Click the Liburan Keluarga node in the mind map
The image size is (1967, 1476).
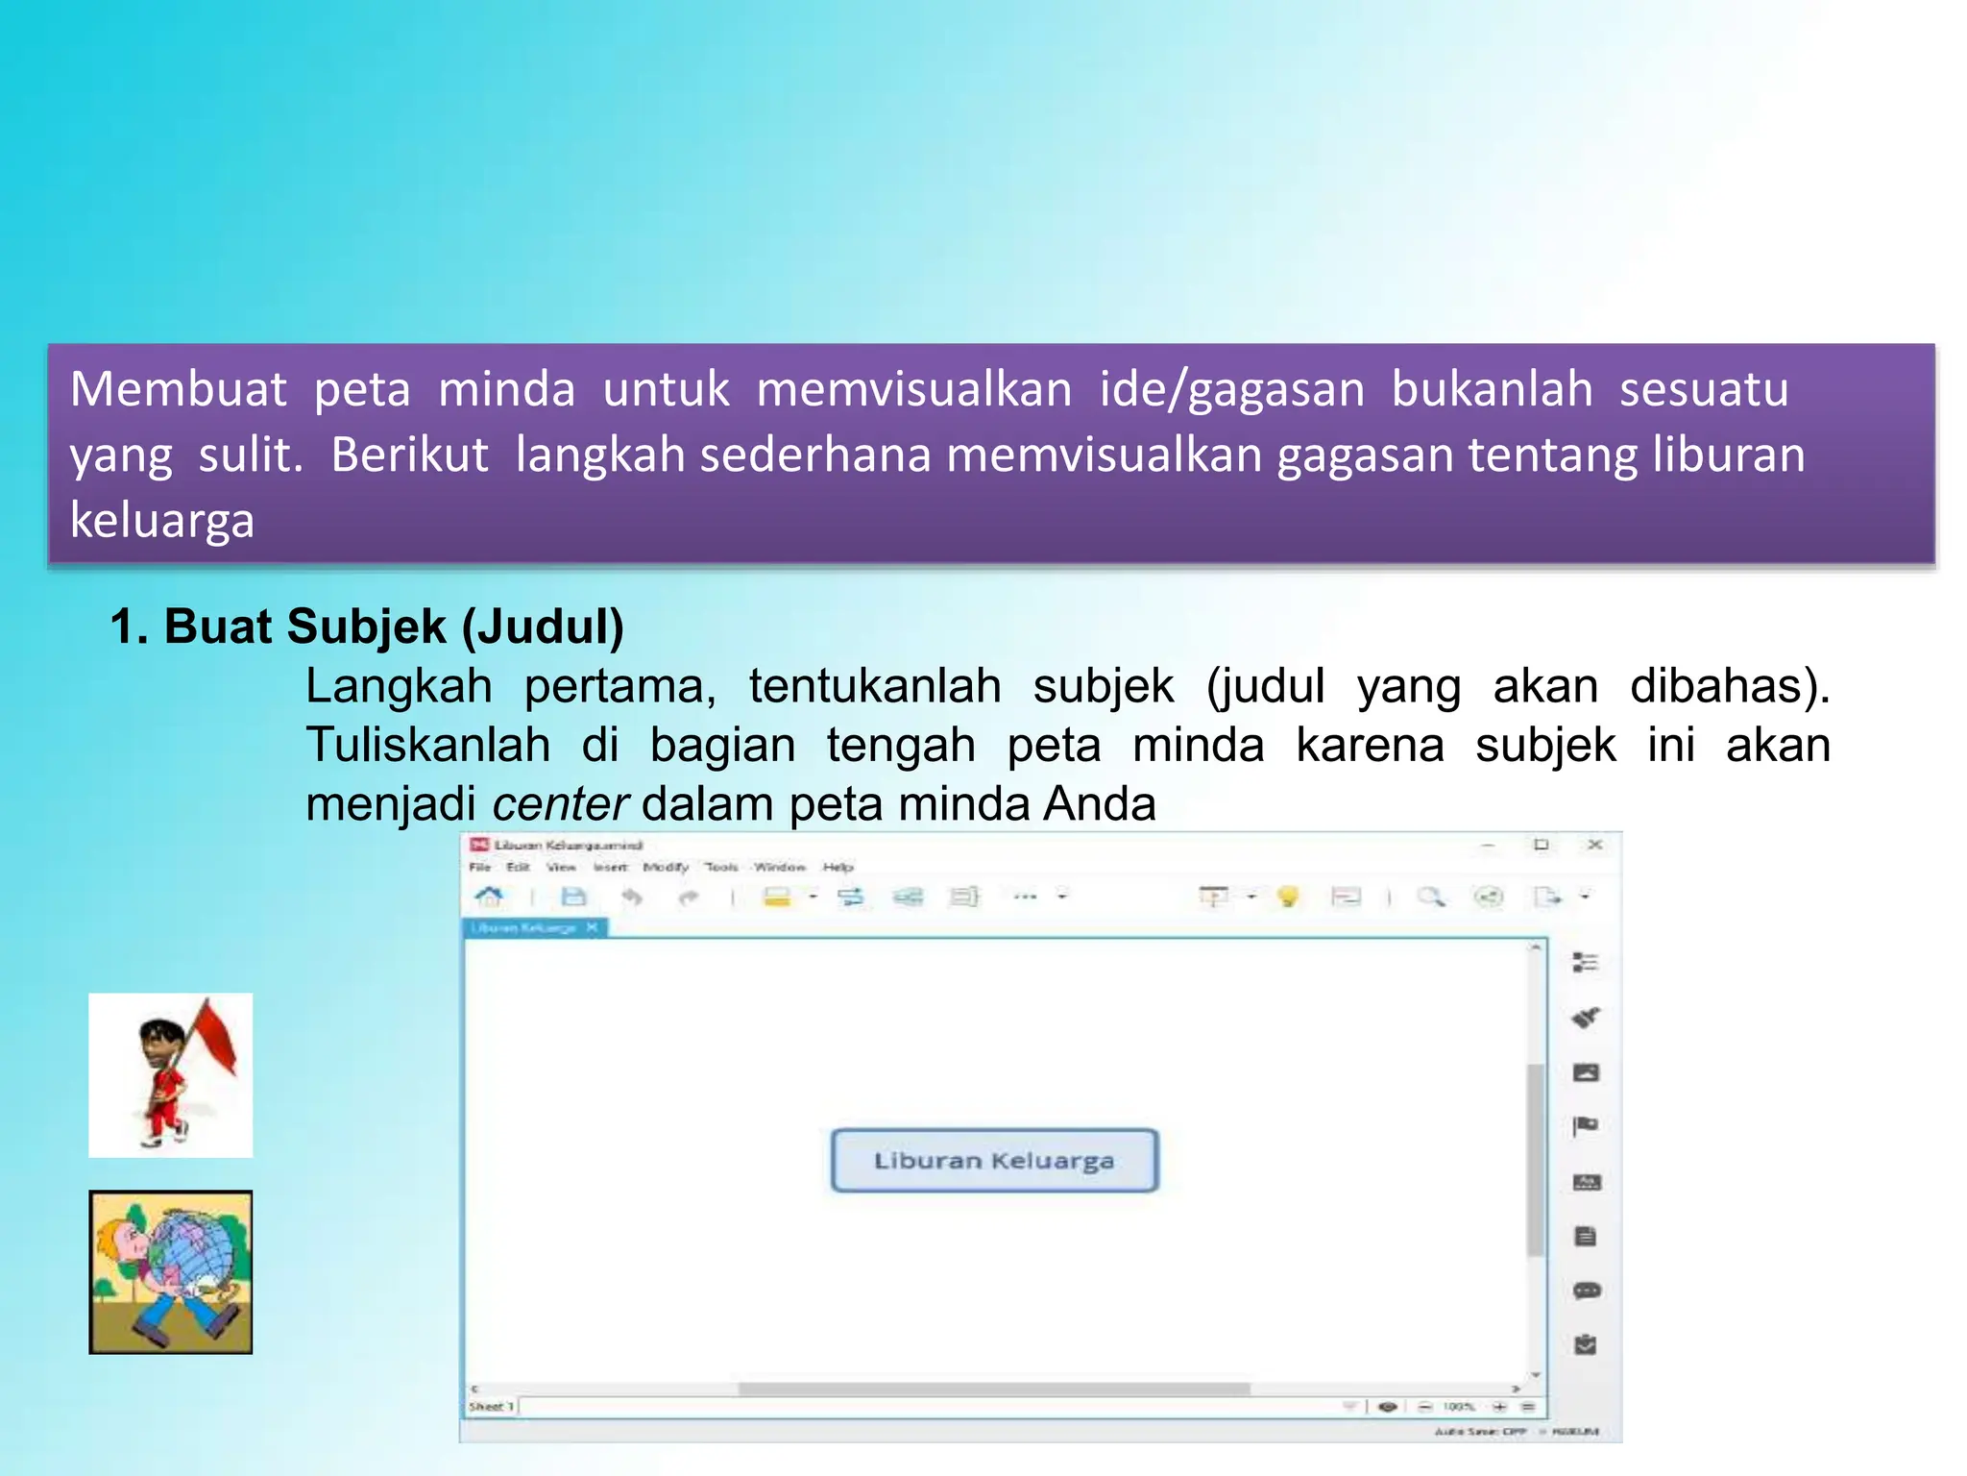click(994, 1161)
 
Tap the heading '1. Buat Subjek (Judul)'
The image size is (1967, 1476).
click(367, 627)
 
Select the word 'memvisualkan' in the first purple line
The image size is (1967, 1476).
click(913, 389)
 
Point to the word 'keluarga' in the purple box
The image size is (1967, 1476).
click(162, 521)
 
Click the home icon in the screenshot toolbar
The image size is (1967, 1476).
click(489, 897)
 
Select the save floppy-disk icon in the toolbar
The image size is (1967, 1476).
click(573, 897)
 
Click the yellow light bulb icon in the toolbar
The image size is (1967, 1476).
click(1288, 897)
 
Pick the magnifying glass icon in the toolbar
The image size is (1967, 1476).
click(1431, 897)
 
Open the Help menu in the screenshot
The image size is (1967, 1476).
click(838, 867)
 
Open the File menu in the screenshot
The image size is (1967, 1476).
click(479, 867)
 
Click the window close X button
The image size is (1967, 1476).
click(1594, 845)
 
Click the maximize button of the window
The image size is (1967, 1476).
click(1542, 845)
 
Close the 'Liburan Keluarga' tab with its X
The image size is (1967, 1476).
click(592, 927)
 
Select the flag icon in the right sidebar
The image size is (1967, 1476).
click(1586, 1126)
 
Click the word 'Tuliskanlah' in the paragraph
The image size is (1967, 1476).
click(427, 746)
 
